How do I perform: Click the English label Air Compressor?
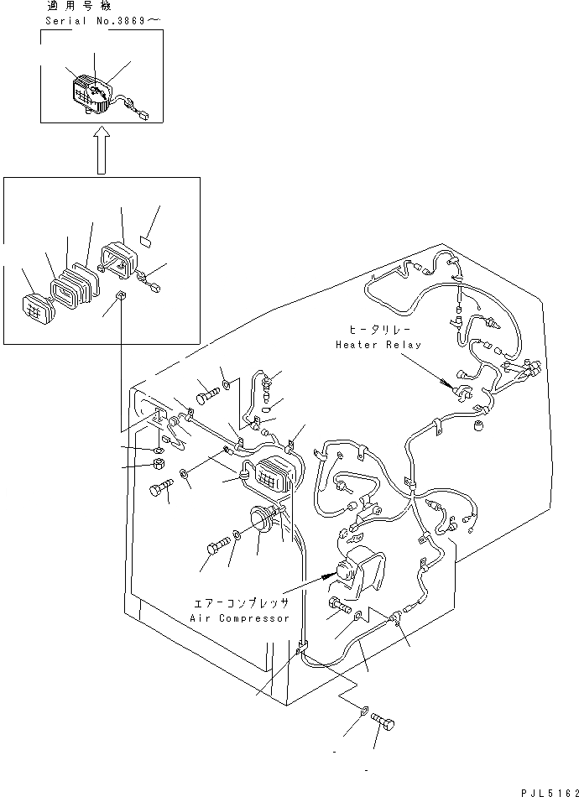click(241, 618)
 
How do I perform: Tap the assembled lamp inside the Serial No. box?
click(88, 92)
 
